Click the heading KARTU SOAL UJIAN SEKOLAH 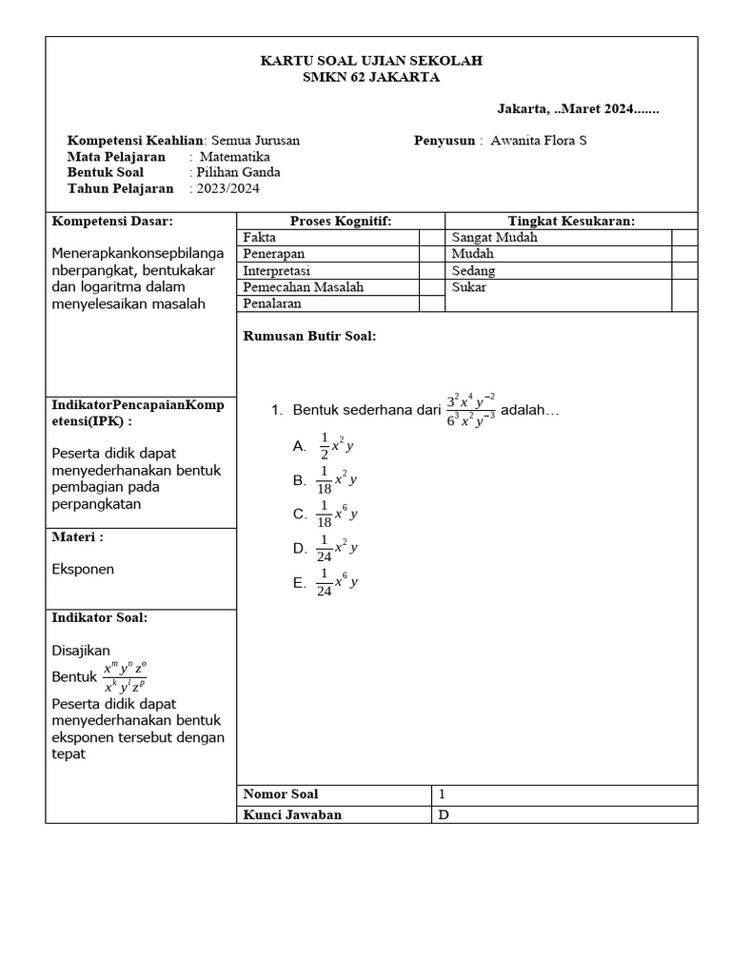click(x=371, y=61)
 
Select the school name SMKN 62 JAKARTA click(x=371, y=78)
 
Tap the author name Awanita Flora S click(x=539, y=141)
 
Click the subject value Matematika click(x=235, y=157)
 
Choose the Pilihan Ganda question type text click(x=237, y=173)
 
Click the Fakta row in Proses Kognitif click(x=327, y=238)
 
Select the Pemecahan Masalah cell click(x=327, y=287)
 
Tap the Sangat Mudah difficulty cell click(x=559, y=238)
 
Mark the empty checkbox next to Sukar click(x=684, y=295)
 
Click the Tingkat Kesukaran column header click(x=571, y=222)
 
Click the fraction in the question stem click(x=470, y=411)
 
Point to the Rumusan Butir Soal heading click(x=310, y=337)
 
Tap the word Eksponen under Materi click(x=82, y=570)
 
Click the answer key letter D click(x=443, y=814)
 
